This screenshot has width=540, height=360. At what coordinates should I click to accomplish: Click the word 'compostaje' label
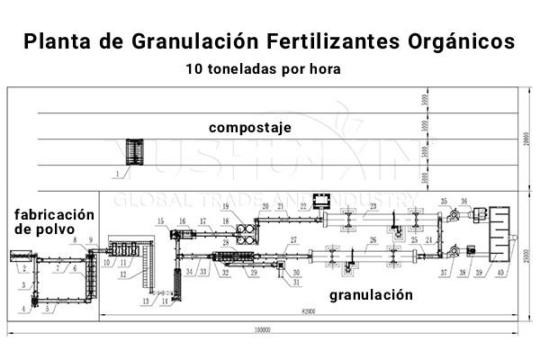point(250,128)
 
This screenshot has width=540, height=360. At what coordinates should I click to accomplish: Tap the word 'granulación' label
point(371,294)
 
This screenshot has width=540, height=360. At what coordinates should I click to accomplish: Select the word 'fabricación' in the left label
point(54,214)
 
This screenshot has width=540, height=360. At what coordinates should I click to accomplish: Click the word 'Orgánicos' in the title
point(464,41)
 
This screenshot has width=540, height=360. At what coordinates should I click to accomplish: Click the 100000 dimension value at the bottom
point(261,329)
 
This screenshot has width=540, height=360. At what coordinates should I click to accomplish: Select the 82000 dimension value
point(308,313)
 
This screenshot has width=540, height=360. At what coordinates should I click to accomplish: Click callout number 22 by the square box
point(303,207)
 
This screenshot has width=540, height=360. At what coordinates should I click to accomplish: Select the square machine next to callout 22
point(320,199)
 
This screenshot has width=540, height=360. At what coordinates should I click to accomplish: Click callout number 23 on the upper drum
point(373,206)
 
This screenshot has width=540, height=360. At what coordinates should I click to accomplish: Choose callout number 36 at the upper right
point(464,201)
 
